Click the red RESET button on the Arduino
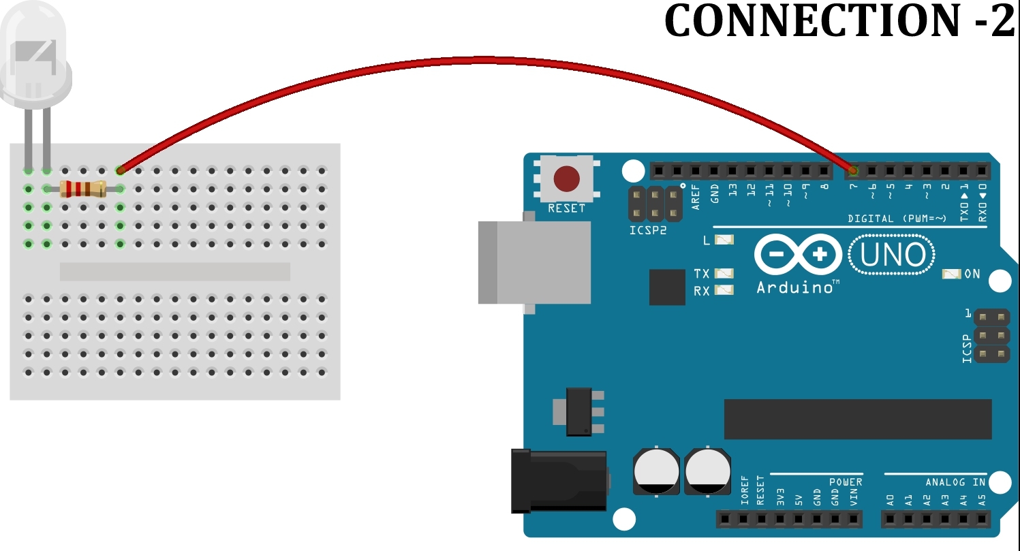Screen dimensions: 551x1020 [x=566, y=178]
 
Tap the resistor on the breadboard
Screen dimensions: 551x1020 [x=82, y=189]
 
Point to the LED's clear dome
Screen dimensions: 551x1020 [x=35, y=58]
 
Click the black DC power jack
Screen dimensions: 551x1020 [x=559, y=481]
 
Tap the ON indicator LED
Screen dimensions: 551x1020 [x=951, y=274]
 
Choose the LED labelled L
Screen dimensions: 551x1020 [x=725, y=240]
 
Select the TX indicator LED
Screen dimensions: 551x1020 [x=725, y=273]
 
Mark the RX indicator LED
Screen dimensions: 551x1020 [x=725, y=290]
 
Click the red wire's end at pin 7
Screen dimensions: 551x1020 [x=853, y=170]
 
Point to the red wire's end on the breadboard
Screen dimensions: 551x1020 [x=121, y=170]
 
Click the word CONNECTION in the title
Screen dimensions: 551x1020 [x=811, y=21]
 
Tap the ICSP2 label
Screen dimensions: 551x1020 [x=648, y=230]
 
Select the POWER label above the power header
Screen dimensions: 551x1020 [x=846, y=482]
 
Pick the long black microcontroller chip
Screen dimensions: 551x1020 [x=857, y=419]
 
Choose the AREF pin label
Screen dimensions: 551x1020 [x=696, y=196]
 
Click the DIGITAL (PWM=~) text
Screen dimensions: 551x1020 [x=897, y=219]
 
